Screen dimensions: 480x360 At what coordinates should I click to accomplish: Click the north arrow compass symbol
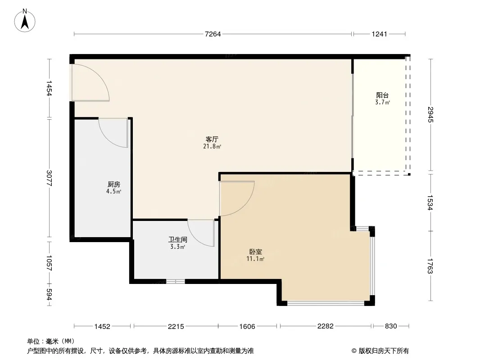(25, 21)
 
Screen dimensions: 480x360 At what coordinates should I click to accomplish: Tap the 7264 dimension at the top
(213, 34)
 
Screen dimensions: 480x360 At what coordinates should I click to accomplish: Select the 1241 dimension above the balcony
(379, 34)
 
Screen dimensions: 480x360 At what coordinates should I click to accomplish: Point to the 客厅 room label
(212, 139)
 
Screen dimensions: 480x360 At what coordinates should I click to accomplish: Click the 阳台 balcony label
(382, 95)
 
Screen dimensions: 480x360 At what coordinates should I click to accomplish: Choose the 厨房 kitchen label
(113, 184)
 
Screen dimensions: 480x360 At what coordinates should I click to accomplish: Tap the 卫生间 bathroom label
(177, 239)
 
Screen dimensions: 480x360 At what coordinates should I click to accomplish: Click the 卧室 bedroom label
(255, 252)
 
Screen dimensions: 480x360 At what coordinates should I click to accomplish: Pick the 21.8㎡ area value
(212, 147)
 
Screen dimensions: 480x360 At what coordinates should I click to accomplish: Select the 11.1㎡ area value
(255, 259)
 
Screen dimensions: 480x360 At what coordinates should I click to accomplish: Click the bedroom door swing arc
(245, 205)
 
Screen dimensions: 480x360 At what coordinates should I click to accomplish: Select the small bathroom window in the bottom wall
(176, 281)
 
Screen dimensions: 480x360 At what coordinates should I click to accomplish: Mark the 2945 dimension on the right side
(431, 114)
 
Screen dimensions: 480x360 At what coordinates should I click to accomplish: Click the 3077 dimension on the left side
(49, 178)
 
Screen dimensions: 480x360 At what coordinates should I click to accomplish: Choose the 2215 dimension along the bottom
(176, 326)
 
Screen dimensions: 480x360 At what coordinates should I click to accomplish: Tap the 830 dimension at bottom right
(391, 326)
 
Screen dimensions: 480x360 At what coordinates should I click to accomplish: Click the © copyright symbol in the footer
(354, 351)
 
